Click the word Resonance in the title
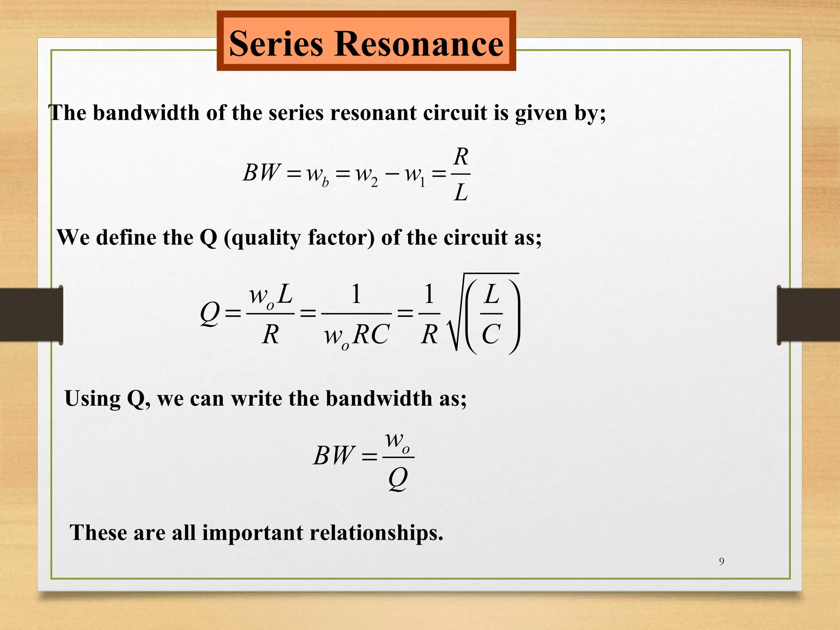coord(419,44)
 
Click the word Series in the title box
coord(276,44)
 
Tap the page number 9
coord(721,561)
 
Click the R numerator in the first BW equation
coord(461,157)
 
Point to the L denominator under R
coord(461,192)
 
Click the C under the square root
coord(491,334)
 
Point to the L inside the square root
coord(491,294)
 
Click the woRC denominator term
coord(356,336)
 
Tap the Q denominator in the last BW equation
coord(397,478)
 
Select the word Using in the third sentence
coord(92,398)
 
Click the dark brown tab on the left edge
coord(31,315)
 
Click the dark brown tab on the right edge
coord(808,315)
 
